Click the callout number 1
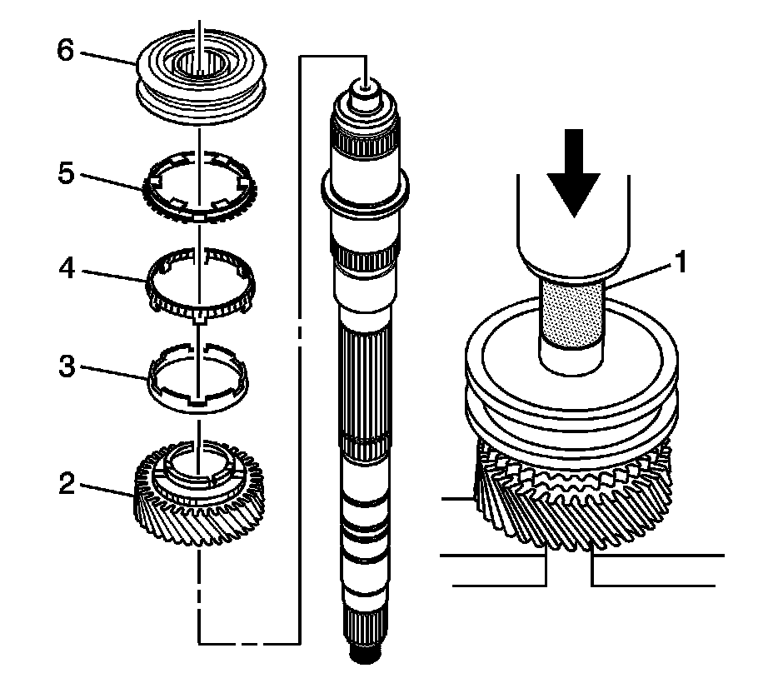(x=681, y=263)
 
